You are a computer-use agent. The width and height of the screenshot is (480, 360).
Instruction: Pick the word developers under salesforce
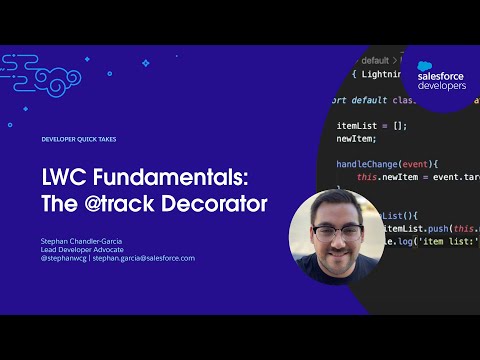click(x=441, y=87)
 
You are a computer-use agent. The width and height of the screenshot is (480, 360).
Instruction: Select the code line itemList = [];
click(x=371, y=126)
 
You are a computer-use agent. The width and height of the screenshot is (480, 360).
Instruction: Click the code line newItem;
click(x=356, y=139)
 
